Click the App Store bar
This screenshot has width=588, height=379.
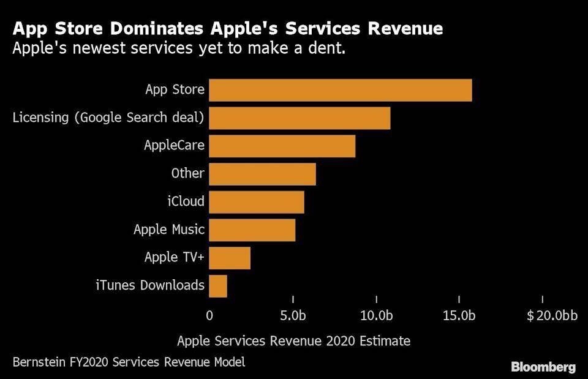[x=341, y=90]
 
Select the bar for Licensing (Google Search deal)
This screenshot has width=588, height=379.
[x=300, y=118]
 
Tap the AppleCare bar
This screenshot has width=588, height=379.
[x=282, y=146]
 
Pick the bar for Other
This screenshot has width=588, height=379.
[x=263, y=174]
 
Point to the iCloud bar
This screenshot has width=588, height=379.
[x=257, y=201]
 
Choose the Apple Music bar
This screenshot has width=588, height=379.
[x=252, y=230]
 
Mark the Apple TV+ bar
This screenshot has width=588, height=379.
[x=230, y=258]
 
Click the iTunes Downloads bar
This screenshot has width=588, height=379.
[x=218, y=285]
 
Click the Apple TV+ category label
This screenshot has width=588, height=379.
[x=174, y=257]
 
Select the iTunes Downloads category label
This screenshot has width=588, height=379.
[x=150, y=285]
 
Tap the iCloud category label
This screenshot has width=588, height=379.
[x=186, y=201]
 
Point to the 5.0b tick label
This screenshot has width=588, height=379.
[x=293, y=316]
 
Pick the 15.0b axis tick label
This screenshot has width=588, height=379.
[x=459, y=316]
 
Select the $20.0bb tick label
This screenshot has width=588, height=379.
[x=552, y=316]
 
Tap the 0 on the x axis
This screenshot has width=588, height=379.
[x=209, y=316]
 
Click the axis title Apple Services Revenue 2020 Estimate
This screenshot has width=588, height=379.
[x=293, y=340]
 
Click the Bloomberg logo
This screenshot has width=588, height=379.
[x=543, y=367]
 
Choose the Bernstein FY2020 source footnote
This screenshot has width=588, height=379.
[x=129, y=362]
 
